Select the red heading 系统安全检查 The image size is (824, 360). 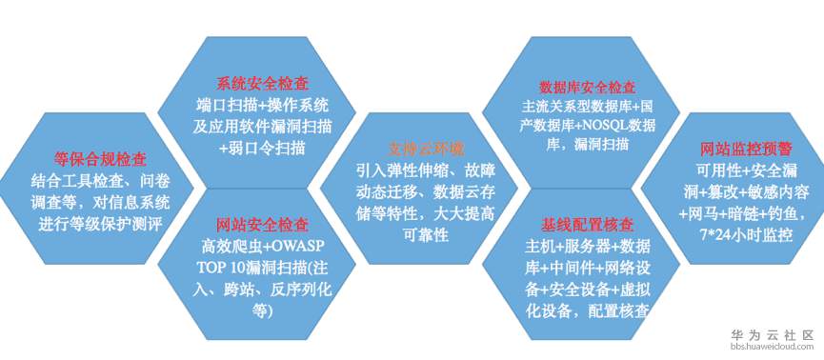[261, 83]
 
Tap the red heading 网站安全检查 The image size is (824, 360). [262, 225]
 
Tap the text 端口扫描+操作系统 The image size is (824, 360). [262, 104]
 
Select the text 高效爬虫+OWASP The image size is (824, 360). [262, 246]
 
